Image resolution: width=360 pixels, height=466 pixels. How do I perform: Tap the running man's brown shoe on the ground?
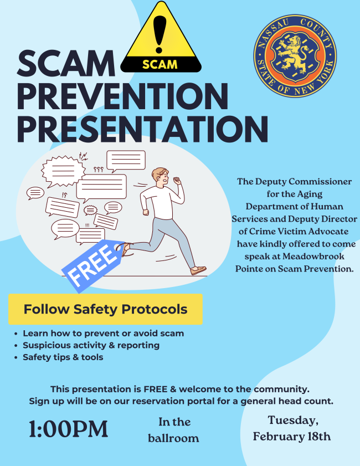click(x=198, y=271)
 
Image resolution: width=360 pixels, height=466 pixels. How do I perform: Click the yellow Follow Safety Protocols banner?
click(x=105, y=309)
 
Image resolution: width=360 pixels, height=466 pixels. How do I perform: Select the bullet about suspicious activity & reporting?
click(x=91, y=345)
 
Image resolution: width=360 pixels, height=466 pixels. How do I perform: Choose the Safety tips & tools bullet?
click(x=63, y=357)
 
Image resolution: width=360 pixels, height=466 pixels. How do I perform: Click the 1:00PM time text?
click(x=68, y=429)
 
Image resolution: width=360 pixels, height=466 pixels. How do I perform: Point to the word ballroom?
click(x=173, y=438)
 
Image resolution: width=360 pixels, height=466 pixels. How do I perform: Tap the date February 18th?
click(x=292, y=437)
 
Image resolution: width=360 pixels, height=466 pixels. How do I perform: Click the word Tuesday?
click(x=293, y=420)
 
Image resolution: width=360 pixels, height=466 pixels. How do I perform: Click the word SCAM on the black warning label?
click(x=160, y=64)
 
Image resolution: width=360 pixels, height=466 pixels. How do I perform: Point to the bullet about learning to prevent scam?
click(x=103, y=334)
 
